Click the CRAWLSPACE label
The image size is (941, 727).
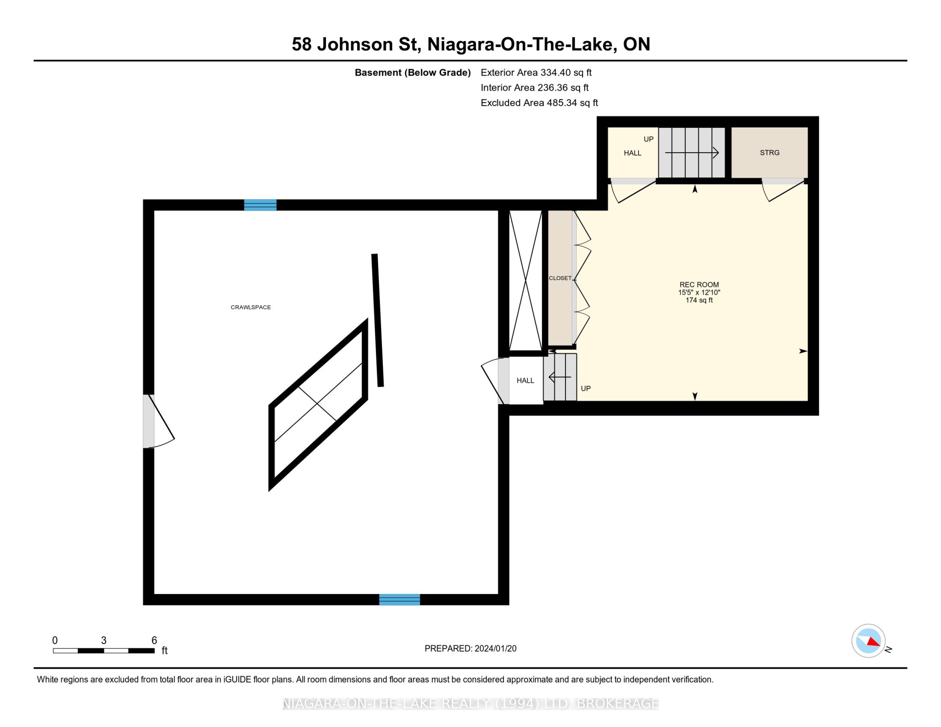click(x=251, y=307)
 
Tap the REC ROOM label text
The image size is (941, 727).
click(x=699, y=285)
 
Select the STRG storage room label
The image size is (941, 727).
click(x=770, y=152)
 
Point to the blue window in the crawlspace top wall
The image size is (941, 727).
click(x=260, y=205)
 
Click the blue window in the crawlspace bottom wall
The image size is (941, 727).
click(x=399, y=599)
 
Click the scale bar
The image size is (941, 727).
click(x=104, y=651)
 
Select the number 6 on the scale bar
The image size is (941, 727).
click(x=154, y=641)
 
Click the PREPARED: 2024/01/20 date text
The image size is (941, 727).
click(x=471, y=649)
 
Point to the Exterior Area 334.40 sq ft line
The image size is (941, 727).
click(x=536, y=73)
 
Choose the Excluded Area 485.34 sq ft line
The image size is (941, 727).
click(x=539, y=103)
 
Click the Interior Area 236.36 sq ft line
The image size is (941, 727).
click(x=535, y=88)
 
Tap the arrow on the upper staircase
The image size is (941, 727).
click(x=692, y=152)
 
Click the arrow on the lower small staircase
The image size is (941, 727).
click(x=560, y=377)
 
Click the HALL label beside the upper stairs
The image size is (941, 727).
click(x=633, y=153)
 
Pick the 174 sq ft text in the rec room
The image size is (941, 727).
click(x=699, y=300)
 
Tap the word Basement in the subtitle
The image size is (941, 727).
click(x=378, y=73)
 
